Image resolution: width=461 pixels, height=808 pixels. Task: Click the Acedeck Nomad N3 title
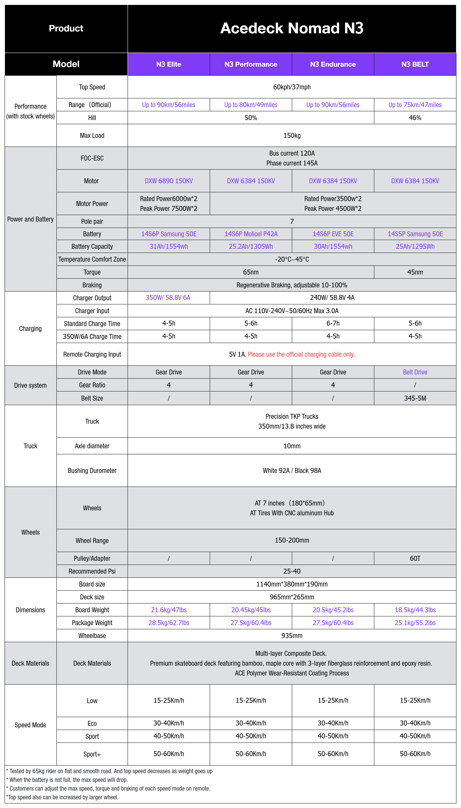click(x=292, y=28)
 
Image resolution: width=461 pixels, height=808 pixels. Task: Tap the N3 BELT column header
click(x=415, y=64)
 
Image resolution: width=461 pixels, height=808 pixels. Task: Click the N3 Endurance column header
click(x=333, y=64)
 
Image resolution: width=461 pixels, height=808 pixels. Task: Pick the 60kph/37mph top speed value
click(x=292, y=87)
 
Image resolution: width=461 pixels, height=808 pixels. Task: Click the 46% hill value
click(x=415, y=118)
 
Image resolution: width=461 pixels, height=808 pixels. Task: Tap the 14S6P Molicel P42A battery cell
click(x=251, y=234)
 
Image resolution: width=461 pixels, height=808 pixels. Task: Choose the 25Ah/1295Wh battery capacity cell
click(x=415, y=246)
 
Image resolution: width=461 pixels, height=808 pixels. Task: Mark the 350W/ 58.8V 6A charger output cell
click(x=168, y=298)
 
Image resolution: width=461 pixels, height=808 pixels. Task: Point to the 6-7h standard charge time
click(x=333, y=323)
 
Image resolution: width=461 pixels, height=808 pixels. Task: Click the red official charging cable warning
click(x=301, y=354)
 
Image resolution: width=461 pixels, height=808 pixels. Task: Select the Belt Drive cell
click(x=415, y=372)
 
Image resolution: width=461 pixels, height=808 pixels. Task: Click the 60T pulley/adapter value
click(x=415, y=558)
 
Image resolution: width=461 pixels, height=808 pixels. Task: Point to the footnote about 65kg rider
click(x=109, y=771)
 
